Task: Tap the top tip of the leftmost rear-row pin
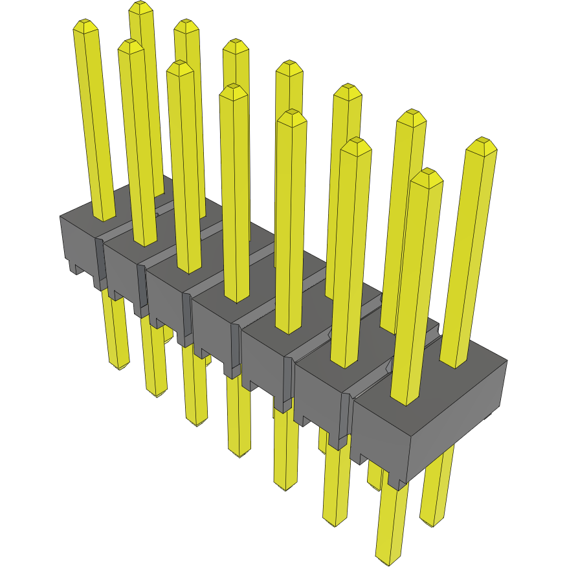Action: [140, 6]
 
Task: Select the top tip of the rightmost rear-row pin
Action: [481, 142]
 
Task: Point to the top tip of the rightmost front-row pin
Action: [427, 173]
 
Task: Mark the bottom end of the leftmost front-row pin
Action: [120, 366]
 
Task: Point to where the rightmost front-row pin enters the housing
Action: [406, 400]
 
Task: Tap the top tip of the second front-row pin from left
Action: [130, 45]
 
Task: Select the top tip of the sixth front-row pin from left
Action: [355, 142]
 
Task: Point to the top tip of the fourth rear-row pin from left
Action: [289, 65]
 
